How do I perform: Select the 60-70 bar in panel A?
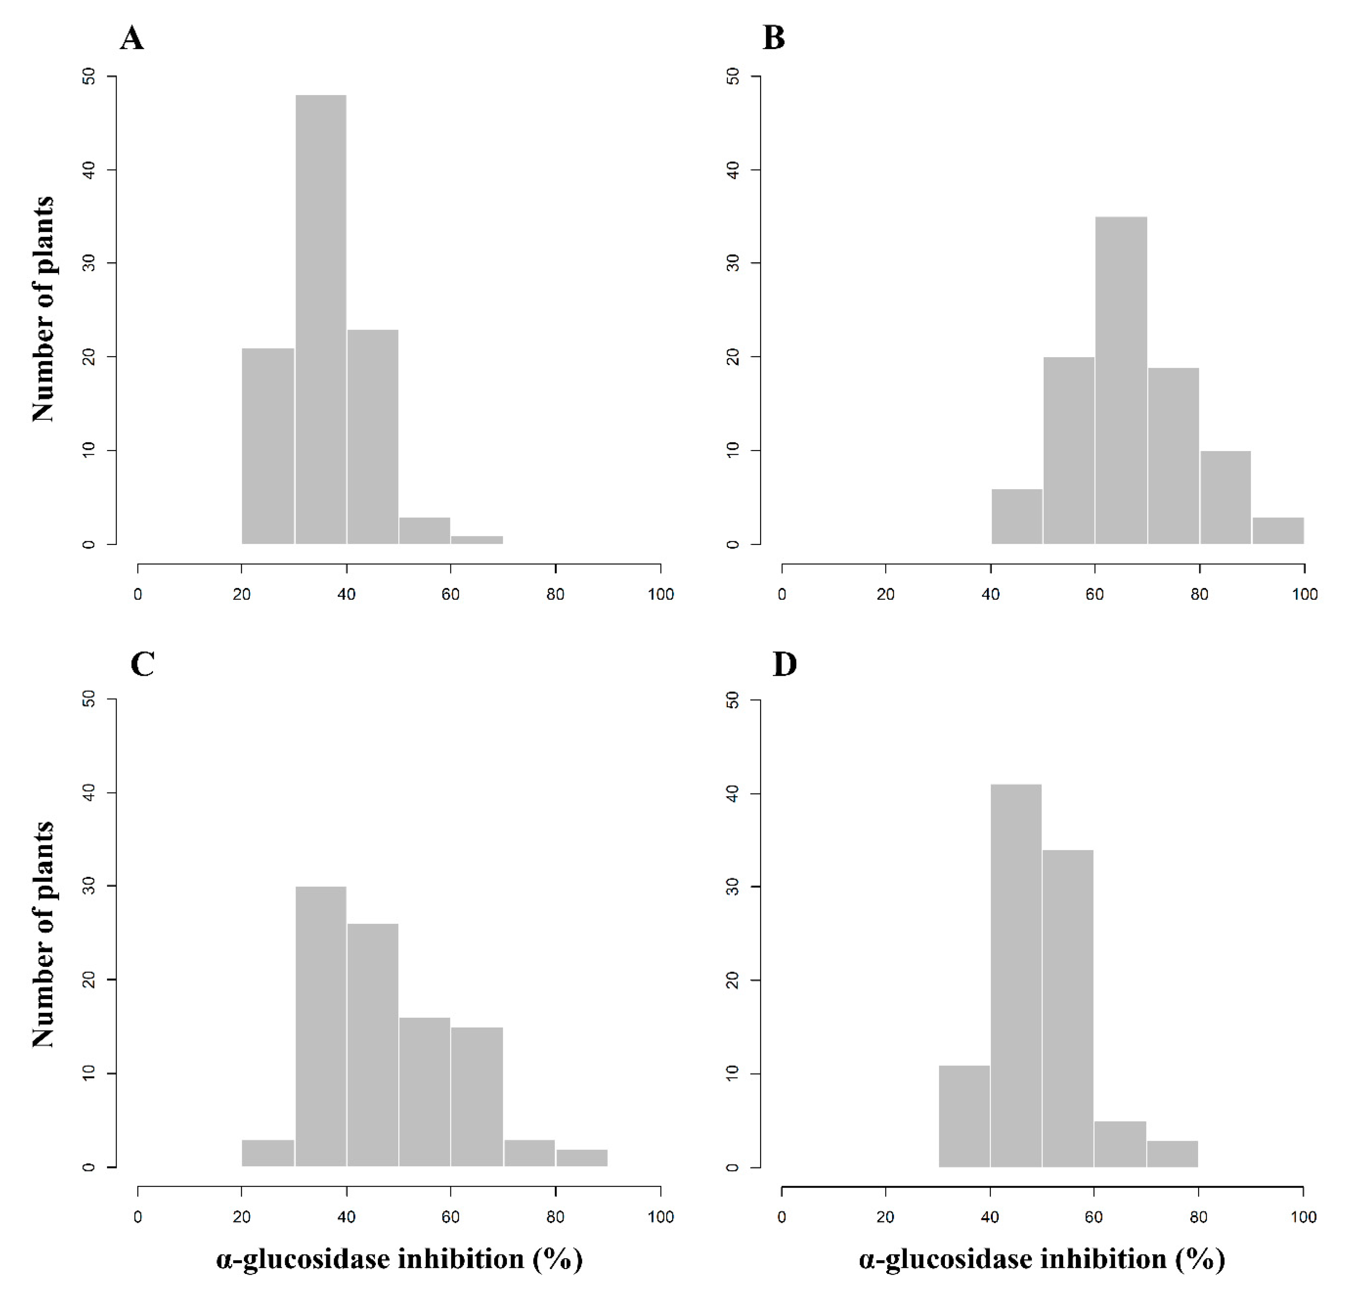[x=477, y=539]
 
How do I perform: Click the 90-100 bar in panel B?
[x=1278, y=530]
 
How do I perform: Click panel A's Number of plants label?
[x=43, y=309]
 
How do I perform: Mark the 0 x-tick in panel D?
[x=782, y=1217]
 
